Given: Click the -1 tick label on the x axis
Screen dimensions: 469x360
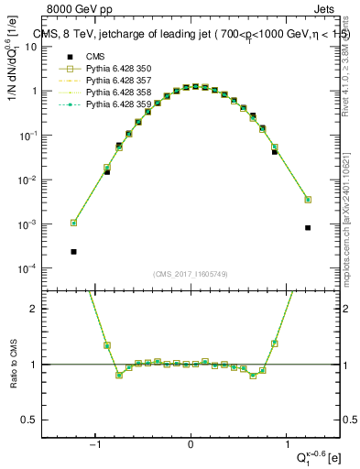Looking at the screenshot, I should point(94,445).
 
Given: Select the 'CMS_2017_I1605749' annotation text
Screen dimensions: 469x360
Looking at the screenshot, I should point(190,273).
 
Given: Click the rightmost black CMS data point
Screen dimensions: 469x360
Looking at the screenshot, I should point(308,228).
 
